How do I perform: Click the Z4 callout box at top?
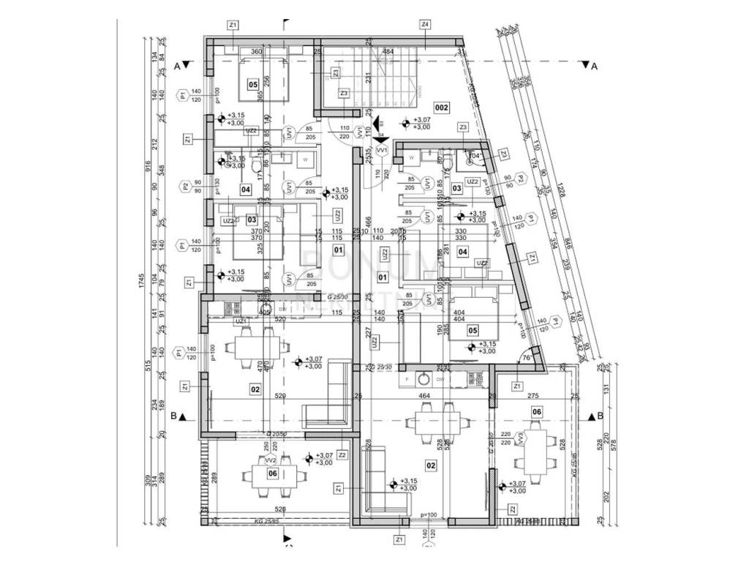425,25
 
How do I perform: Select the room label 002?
441,107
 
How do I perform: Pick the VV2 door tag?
270,461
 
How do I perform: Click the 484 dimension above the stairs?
388,52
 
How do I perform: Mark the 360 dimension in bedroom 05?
256,52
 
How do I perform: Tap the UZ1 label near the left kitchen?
241,321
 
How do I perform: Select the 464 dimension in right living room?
425,396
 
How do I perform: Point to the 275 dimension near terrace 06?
532,396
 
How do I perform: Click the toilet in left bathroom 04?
255,169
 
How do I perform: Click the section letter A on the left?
177,65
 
